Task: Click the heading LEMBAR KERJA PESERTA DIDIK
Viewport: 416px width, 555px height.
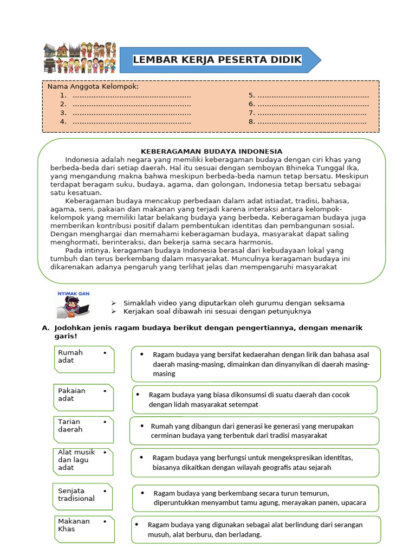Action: pos(217,60)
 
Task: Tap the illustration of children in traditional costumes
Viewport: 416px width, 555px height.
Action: pos(80,57)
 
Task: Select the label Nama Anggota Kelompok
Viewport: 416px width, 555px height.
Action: pos(93,87)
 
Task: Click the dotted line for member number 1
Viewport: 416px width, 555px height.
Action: pos(132,95)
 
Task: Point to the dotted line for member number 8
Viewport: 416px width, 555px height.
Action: pos(311,122)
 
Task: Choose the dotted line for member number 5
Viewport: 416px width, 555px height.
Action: pos(313,95)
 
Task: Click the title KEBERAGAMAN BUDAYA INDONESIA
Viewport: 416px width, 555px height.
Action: pos(212,151)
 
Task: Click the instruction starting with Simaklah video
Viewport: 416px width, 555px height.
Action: pos(234,303)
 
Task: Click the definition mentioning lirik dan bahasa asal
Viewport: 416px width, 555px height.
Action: pos(256,364)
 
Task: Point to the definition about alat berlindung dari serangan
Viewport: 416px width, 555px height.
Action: pos(256,530)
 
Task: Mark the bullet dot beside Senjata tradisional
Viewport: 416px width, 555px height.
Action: pos(104,491)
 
